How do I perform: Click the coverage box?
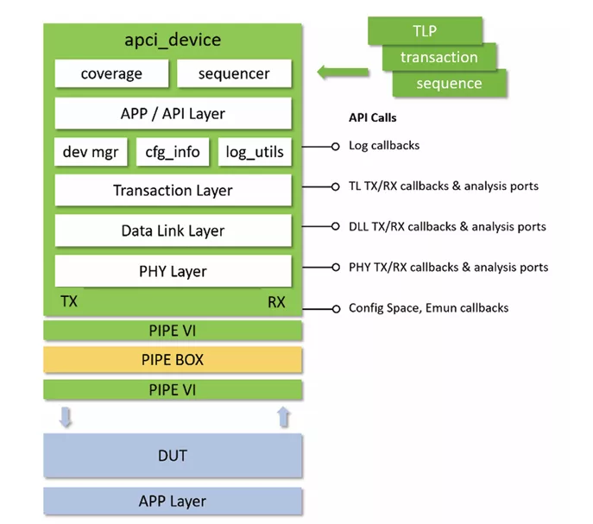pyautogui.click(x=111, y=73)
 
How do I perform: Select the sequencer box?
pyautogui.click(x=234, y=73)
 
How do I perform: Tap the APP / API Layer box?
pyautogui.click(x=173, y=113)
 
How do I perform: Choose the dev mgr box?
pyautogui.click(x=91, y=152)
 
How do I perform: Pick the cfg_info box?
pyautogui.click(x=173, y=152)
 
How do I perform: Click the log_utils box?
pyautogui.click(x=255, y=152)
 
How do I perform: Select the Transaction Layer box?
pyautogui.click(x=173, y=191)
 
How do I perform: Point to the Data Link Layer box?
pyautogui.click(x=173, y=230)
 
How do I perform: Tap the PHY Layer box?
pyautogui.click(x=173, y=271)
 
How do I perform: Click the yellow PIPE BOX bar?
pyautogui.click(x=173, y=360)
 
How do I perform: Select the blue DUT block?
pyautogui.click(x=173, y=455)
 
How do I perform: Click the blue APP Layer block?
pyautogui.click(x=173, y=501)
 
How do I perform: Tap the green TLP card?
pyautogui.click(x=425, y=31)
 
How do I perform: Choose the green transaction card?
pyautogui.click(x=439, y=57)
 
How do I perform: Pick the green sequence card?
pyautogui.click(x=449, y=83)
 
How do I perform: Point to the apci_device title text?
pyautogui.click(x=173, y=40)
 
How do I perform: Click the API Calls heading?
pyautogui.click(x=372, y=118)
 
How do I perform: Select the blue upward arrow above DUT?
pyautogui.click(x=283, y=418)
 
